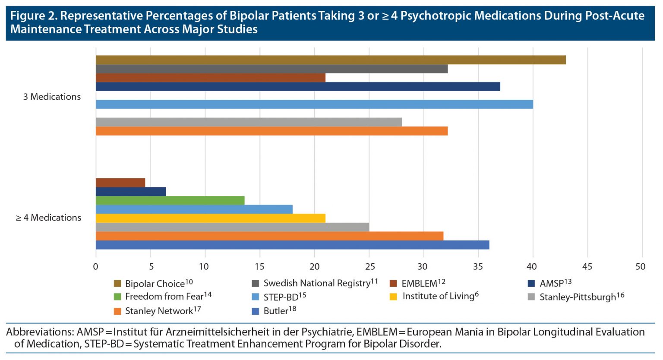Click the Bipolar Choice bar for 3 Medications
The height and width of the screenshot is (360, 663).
tap(330, 60)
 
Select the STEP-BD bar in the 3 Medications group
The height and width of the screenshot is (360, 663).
tap(314, 104)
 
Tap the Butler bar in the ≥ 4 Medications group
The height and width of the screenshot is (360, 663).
tap(292, 245)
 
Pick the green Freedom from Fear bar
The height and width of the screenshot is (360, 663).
tap(170, 200)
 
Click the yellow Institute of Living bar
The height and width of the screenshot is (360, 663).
tap(210, 218)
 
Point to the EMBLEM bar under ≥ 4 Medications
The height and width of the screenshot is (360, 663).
tap(120, 183)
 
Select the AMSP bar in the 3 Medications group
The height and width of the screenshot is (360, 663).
tap(297, 87)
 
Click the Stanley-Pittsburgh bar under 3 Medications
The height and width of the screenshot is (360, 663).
tap(248, 122)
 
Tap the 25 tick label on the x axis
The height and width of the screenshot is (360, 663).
tap(369, 267)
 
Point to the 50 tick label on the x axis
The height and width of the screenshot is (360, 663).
tap(641, 267)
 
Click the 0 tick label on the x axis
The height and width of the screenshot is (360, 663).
tap(96, 267)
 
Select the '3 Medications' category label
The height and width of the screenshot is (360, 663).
tap(52, 97)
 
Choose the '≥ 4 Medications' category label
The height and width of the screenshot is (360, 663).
tap(48, 218)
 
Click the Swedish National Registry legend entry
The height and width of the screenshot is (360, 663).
tap(316, 283)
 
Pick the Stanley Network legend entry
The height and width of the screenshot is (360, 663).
tap(158, 311)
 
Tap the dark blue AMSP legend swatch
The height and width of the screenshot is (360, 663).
tap(531, 284)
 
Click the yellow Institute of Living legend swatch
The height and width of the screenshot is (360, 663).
tap(393, 297)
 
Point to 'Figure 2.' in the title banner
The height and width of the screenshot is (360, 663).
tap(33, 16)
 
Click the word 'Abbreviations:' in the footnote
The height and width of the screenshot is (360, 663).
tap(40, 332)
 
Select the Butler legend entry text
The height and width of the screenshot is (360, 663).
tap(275, 311)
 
